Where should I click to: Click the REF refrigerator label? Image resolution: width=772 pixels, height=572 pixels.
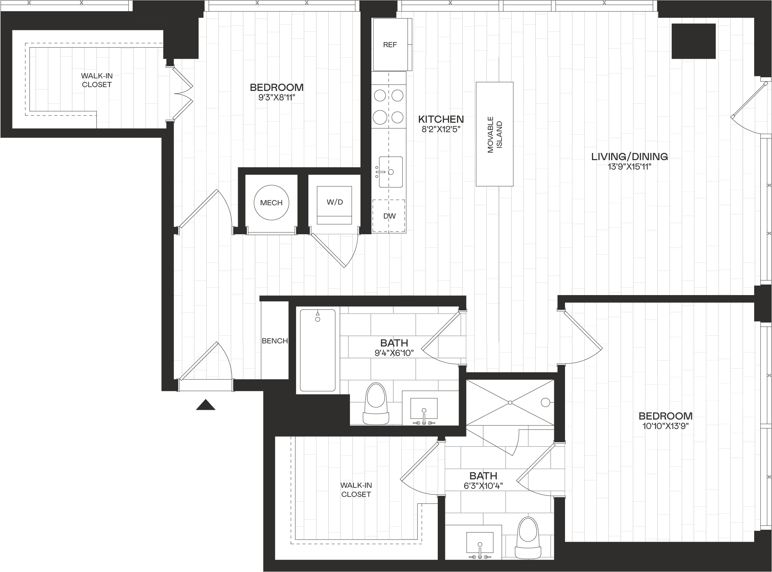390,45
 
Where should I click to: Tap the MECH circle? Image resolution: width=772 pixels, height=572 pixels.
272,202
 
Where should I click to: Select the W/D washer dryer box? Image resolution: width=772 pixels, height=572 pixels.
334,205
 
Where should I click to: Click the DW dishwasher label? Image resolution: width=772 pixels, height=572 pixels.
389,216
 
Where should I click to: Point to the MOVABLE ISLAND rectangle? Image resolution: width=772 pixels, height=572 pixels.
494,134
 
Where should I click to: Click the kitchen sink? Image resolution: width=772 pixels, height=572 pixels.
391,172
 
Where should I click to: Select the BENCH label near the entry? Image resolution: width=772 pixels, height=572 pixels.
275,341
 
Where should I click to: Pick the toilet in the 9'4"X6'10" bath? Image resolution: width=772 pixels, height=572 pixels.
376,403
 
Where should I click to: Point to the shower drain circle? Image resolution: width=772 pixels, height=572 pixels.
545,402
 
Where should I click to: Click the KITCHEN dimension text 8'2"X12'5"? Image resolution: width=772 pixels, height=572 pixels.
441,129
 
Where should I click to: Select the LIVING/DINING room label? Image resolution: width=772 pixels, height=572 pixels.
629,157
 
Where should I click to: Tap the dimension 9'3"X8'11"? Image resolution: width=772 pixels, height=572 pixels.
277,97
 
